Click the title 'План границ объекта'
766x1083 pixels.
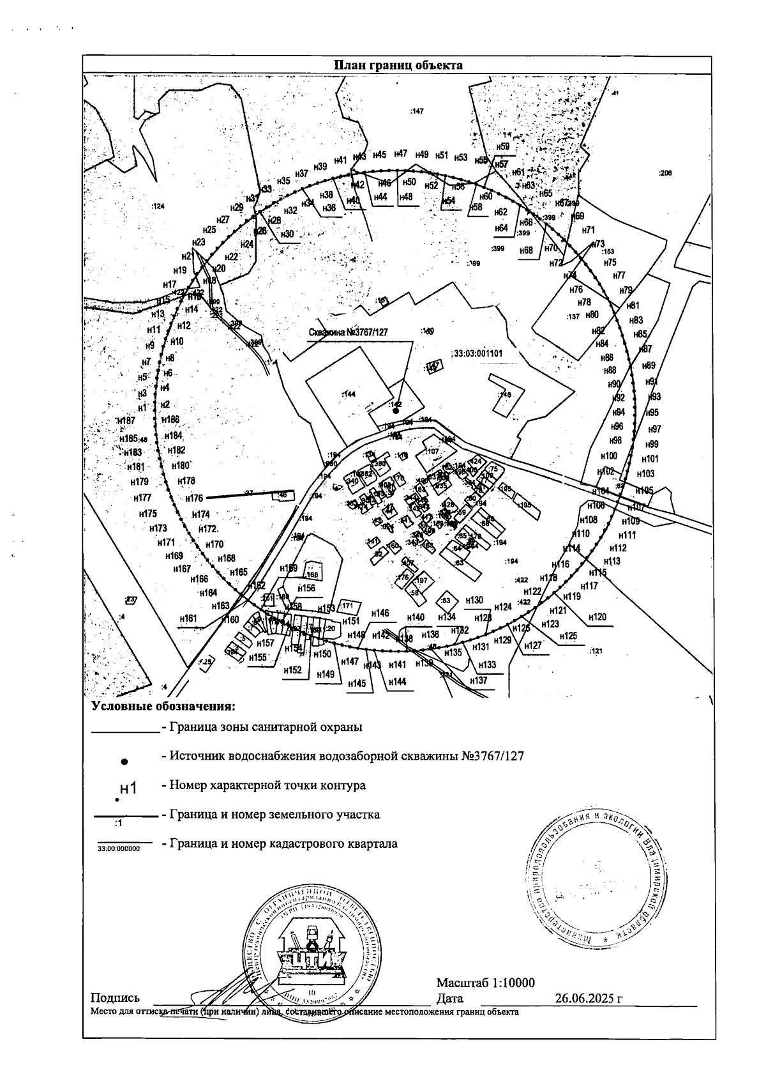click(398, 65)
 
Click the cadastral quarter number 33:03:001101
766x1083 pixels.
click(478, 353)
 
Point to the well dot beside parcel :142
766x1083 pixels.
click(396, 412)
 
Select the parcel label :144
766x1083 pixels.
click(349, 394)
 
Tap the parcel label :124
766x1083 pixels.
click(158, 206)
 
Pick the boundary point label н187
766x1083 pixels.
click(126, 420)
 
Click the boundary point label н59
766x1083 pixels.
click(503, 147)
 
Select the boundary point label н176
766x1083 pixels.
click(193, 498)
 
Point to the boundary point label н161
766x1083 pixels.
click(188, 618)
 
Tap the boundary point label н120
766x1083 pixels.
click(597, 617)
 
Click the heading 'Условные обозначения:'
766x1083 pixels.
click(163, 707)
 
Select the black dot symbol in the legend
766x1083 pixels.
click(125, 762)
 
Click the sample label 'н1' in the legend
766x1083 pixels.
click(128, 788)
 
